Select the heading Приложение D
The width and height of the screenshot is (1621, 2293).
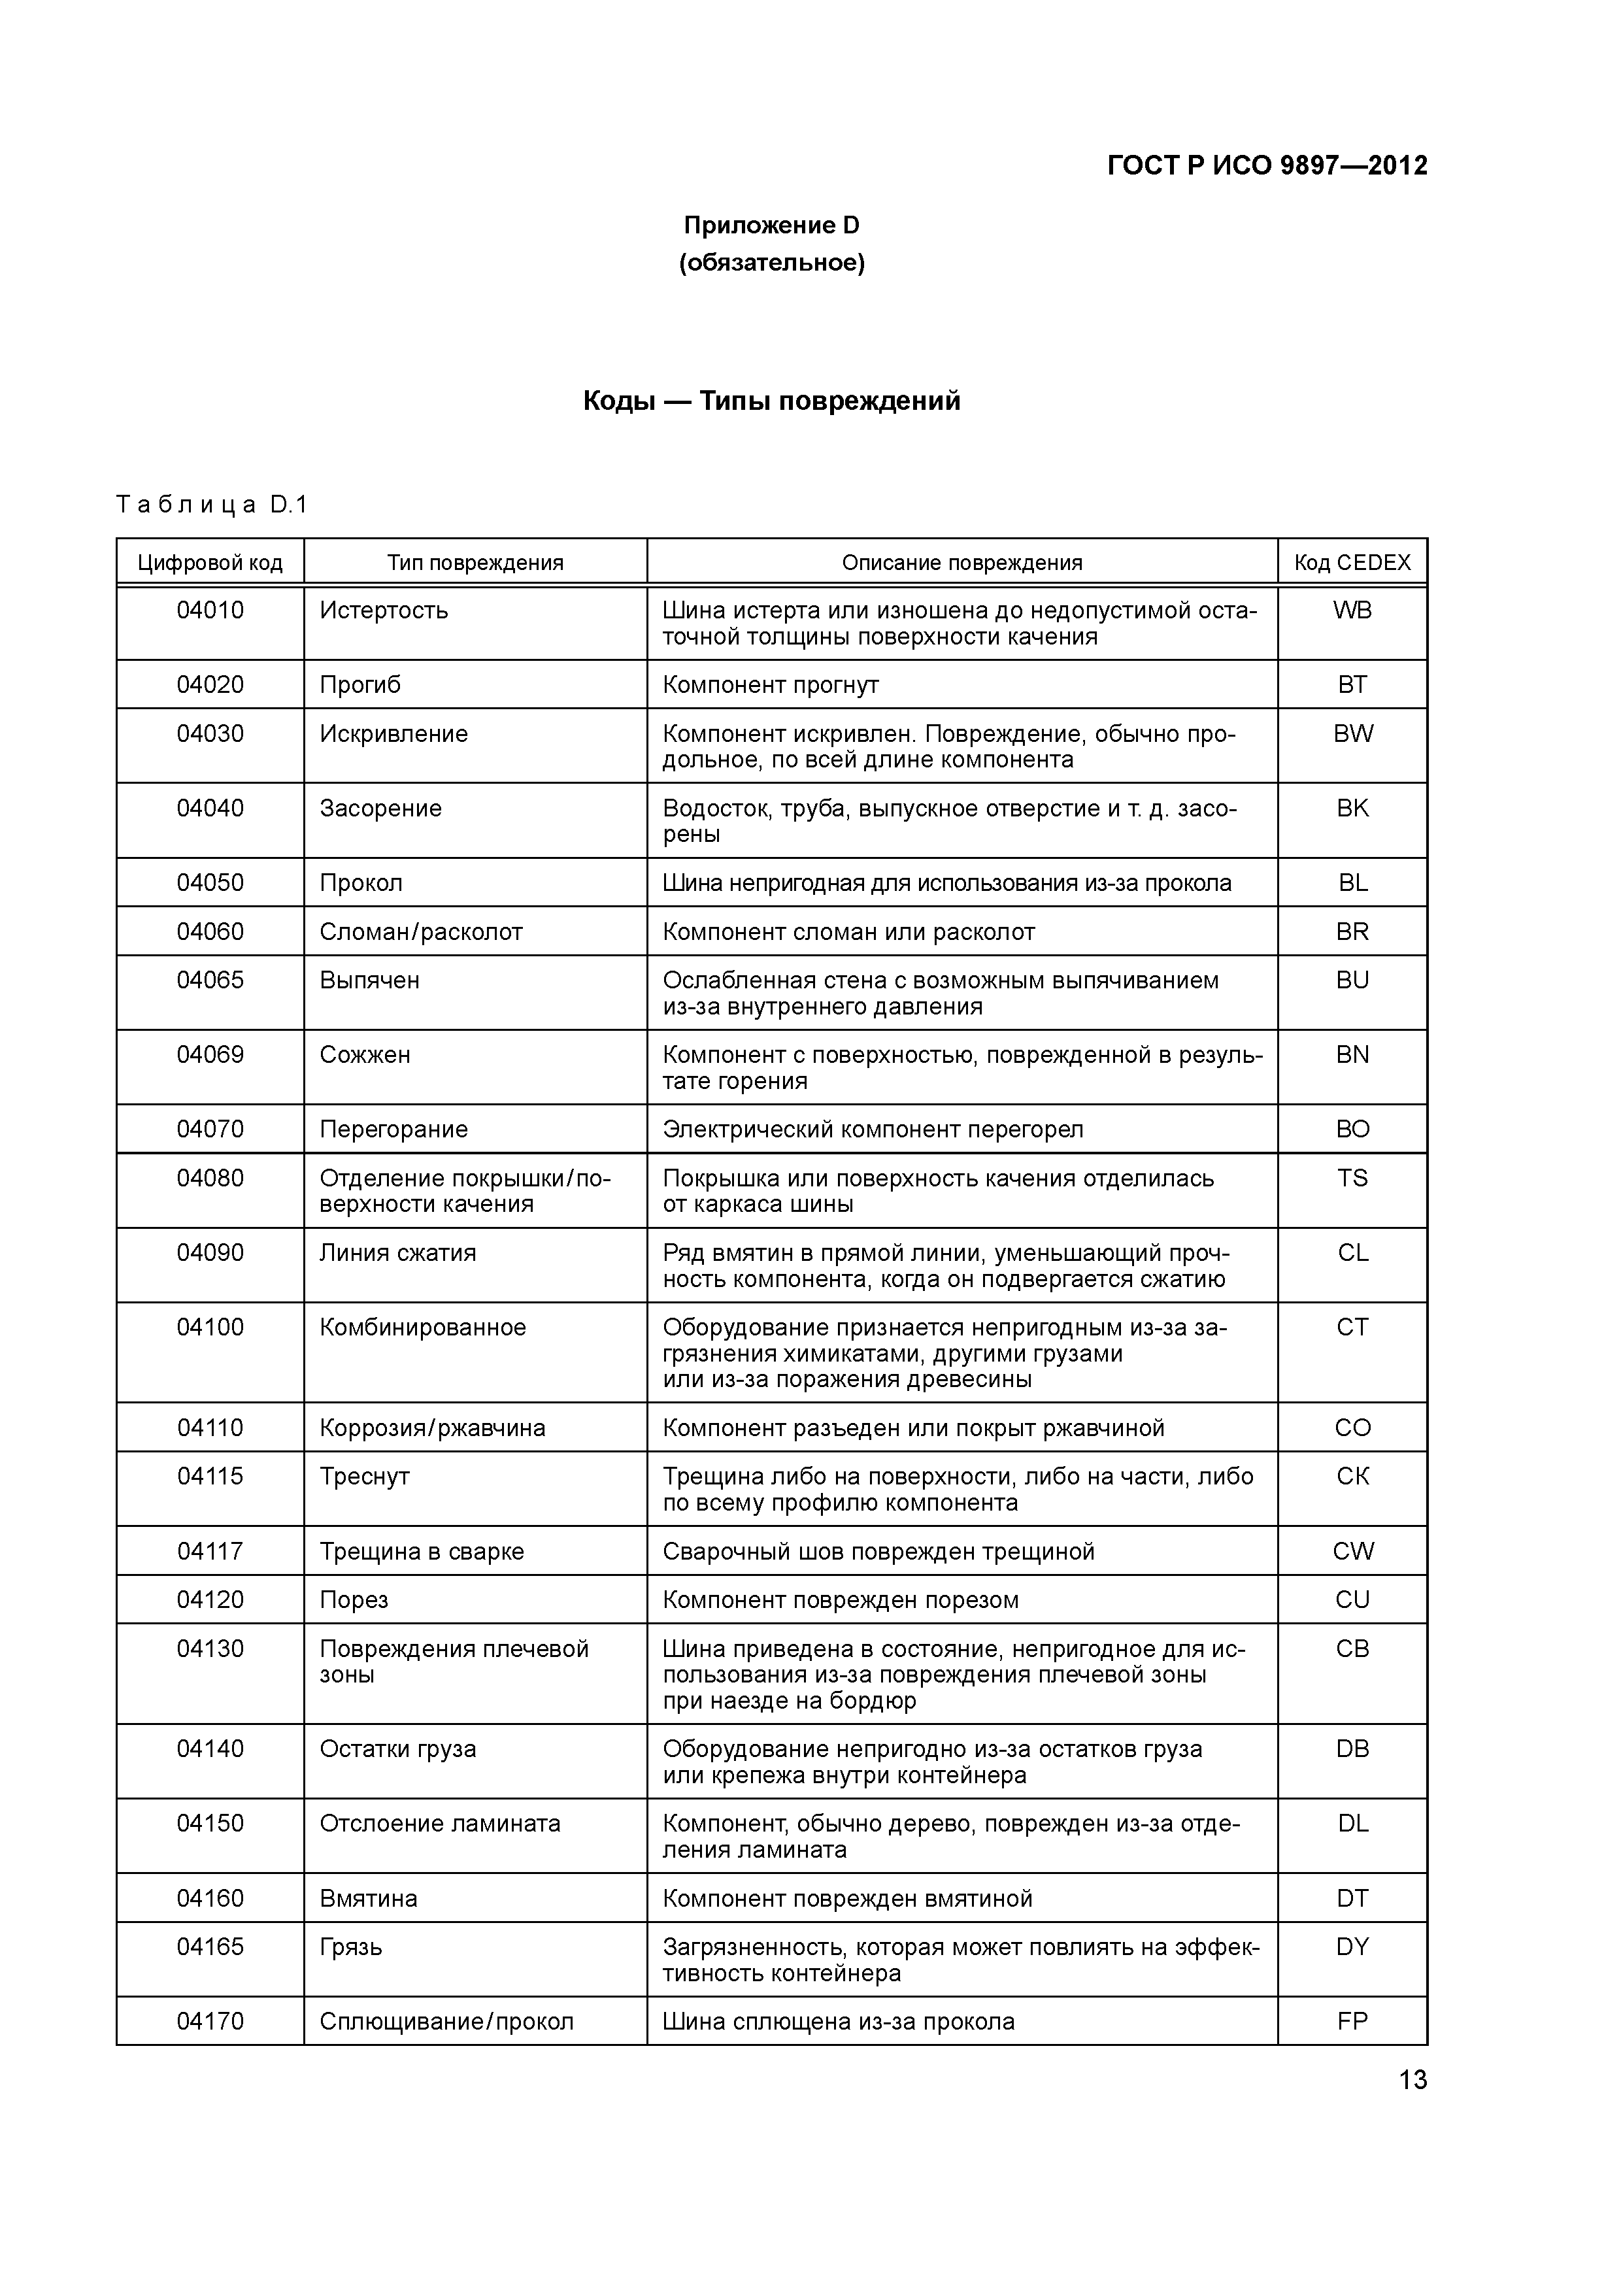point(771,226)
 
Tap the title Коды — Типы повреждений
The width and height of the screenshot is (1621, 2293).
point(771,401)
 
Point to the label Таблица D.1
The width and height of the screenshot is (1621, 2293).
point(212,505)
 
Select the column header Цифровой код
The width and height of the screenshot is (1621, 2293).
point(210,562)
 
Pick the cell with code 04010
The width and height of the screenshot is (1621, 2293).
point(210,611)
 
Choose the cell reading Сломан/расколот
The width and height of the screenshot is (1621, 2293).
point(420,932)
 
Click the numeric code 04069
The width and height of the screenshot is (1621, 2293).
point(210,1054)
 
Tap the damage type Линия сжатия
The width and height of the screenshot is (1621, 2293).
point(397,1252)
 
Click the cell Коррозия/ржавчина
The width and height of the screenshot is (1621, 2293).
point(431,1428)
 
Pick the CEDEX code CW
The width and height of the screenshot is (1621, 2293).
point(1352,1551)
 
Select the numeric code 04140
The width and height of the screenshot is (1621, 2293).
point(210,1749)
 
